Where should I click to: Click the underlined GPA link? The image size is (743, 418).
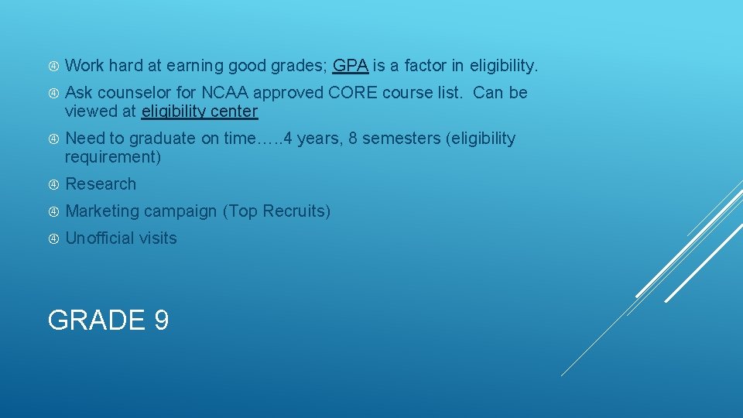[350, 66]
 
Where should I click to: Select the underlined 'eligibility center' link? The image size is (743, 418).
[200, 111]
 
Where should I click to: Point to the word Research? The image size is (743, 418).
[101, 184]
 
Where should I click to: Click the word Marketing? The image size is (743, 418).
[102, 211]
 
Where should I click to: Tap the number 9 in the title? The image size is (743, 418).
[161, 320]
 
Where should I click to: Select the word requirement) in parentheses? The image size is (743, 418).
[113, 157]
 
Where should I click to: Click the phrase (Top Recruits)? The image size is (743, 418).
[276, 211]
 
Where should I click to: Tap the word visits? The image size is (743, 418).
[159, 238]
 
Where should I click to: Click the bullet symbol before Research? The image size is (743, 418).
[54, 184]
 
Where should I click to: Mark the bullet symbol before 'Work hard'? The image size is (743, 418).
[54, 66]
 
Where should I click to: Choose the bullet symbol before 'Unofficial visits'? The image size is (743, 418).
[54, 238]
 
